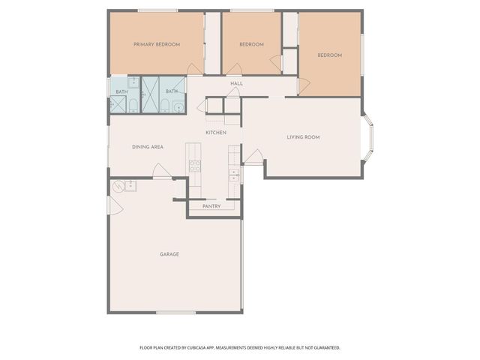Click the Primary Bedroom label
157,44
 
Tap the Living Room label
304,137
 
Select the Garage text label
169,254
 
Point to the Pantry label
211,205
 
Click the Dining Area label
148,147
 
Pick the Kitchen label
216,133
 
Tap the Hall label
236,83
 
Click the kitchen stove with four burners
195,166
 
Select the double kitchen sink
233,175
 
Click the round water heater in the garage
118,187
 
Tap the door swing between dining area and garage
162,172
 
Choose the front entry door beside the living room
254,157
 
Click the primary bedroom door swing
194,70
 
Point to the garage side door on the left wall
115,205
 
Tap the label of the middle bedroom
251,44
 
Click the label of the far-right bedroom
329,55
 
